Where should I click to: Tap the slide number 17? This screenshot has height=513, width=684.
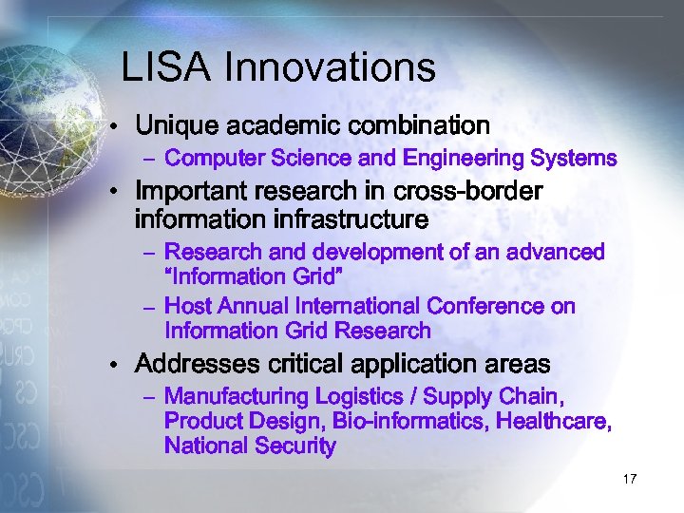click(629, 479)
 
